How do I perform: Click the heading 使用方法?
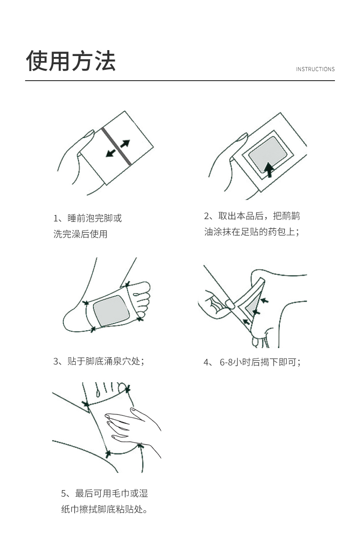pos(71,61)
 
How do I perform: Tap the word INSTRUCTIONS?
pos(315,69)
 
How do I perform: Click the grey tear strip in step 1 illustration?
pos(117,146)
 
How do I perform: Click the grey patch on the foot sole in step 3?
pos(111,311)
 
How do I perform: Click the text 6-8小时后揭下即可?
pos(260,362)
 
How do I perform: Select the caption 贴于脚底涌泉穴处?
pos(106,361)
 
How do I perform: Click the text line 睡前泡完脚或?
pos(95,218)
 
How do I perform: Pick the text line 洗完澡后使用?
pos(80,234)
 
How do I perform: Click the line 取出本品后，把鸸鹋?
pos(259,216)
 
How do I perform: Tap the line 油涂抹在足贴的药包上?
pos(252,231)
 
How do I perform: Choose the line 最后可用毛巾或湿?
pos(112,493)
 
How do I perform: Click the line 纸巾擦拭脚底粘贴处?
pos(104,509)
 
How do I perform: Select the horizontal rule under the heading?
pos(180,80)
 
